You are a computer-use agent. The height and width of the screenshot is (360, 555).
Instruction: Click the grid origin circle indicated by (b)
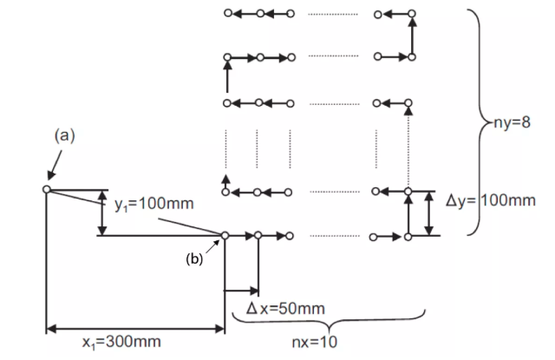click(x=225, y=235)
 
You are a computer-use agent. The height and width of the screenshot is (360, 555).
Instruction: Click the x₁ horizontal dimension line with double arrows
click(x=134, y=329)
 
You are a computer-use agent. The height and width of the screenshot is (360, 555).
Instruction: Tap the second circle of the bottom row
click(x=258, y=235)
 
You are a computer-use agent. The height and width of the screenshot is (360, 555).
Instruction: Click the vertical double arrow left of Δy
click(x=428, y=213)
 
